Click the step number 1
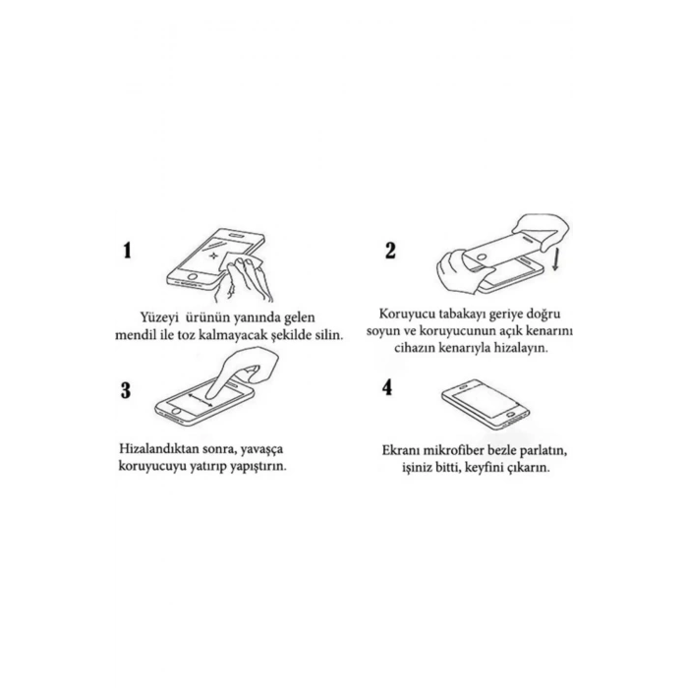[x=127, y=251]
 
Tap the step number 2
[x=390, y=251]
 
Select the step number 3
[x=126, y=390]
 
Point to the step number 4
[x=387, y=387]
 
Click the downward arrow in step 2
[x=555, y=258]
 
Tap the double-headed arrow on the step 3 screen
[x=201, y=400]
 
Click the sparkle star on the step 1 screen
[x=213, y=256]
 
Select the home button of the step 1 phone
[x=193, y=277]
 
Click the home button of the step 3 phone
[x=176, y=412]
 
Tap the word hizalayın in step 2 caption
[x=521, y=348]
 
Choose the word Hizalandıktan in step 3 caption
[x=158, y=449]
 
